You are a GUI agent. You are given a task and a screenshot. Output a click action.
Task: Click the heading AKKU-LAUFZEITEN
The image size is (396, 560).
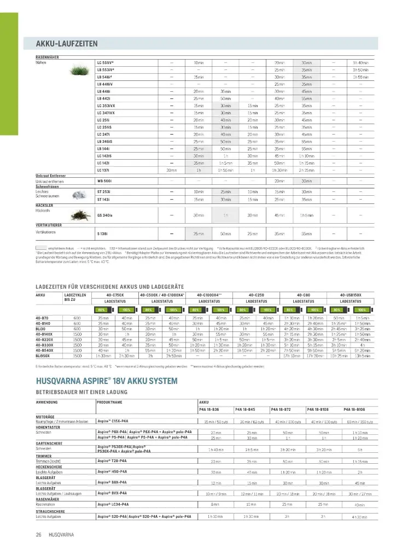[67, 43]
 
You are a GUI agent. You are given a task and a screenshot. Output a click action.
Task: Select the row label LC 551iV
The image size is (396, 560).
[106, 63]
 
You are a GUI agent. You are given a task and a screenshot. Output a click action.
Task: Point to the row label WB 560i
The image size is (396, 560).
[104, 180]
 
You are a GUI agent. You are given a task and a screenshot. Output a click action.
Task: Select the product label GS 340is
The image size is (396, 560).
[104, 215]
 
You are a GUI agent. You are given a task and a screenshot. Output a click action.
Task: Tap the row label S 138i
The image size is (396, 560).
[102, 234]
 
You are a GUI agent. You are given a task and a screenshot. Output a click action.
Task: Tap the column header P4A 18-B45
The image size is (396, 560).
[245, 409]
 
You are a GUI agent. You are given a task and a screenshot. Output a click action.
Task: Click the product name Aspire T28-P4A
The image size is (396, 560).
[112, 461]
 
